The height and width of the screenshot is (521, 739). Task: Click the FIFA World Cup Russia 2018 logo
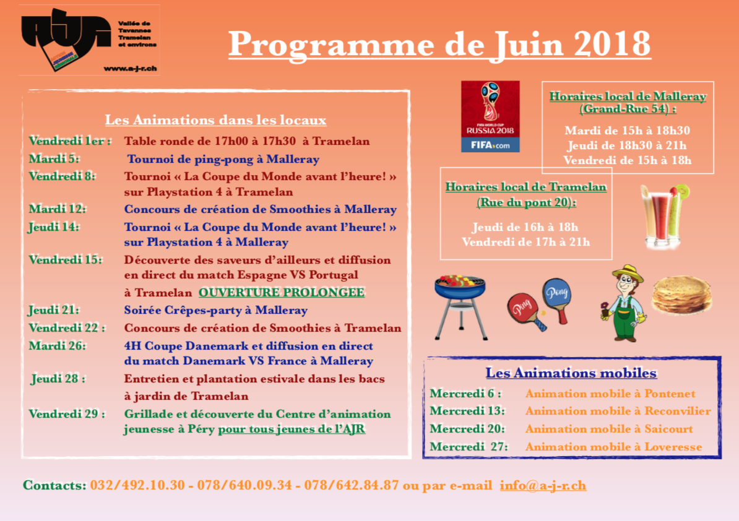[x=490, y=116]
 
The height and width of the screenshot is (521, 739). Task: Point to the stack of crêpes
[x=681, y=295]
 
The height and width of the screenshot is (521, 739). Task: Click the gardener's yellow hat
[x=628, y=272]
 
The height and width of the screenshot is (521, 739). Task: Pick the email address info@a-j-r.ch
[x=543, y=485]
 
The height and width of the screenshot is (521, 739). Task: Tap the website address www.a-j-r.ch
[x=129, y=69]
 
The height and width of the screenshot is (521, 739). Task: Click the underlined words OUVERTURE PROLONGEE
[x=281, y=292]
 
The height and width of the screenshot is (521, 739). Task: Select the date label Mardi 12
[x=57, y=209]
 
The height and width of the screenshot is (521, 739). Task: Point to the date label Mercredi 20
[x=467, y=429]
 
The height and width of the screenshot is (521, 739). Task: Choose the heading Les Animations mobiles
[x=571, y=373]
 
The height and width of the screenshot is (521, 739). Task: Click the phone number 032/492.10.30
[x=137, y=485]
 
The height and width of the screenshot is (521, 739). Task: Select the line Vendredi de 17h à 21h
[x=525, y=242]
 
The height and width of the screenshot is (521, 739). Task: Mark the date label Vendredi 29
[x=66, y=414]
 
